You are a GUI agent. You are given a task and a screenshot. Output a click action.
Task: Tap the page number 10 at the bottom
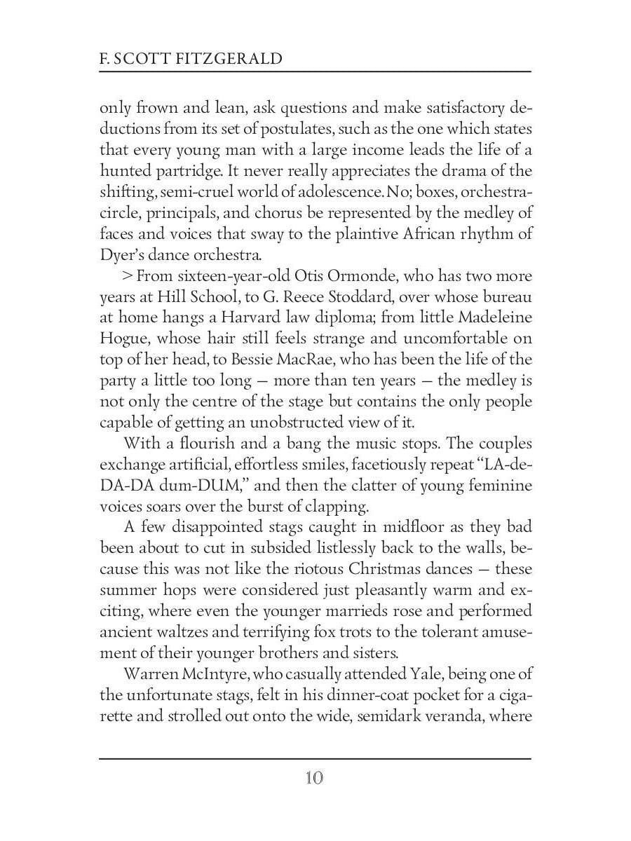click(314, 778)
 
